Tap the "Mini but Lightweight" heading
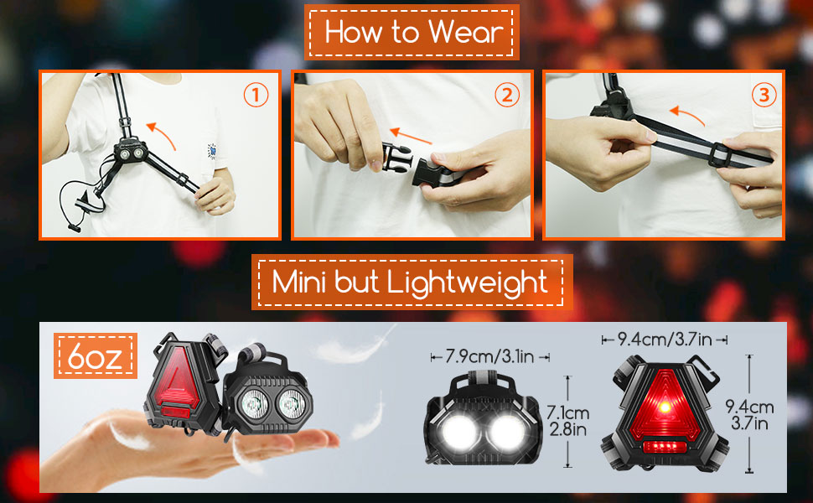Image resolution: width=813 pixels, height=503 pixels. tap(411, 282)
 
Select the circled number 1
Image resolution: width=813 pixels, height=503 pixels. tap(256, 96)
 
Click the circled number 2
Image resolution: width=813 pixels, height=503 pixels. tap(506, 96)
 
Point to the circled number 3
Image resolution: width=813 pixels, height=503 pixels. tap(762, 96)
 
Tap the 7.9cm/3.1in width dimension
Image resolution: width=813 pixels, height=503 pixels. tap(489, 357)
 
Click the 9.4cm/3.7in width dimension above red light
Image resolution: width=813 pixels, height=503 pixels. tap(664, 340)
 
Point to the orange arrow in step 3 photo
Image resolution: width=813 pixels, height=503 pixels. tap(690, 113)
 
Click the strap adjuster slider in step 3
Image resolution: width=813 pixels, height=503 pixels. tap(724, 153)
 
